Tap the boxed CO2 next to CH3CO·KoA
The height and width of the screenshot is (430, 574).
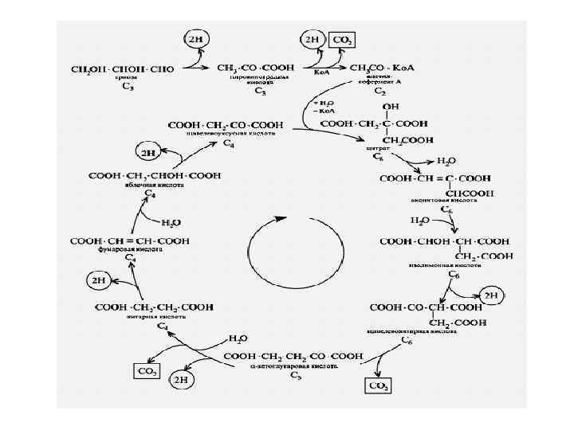[x=344, y=40]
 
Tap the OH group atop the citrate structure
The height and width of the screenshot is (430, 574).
[x=391, y=106]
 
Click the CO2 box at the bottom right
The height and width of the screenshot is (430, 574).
[x=378, y=385]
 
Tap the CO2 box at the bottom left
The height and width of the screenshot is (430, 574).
[x=147, y=371]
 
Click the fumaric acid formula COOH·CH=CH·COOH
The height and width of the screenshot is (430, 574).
[x=130, y=240]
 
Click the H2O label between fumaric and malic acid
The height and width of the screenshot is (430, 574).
[x=171, y=222]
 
